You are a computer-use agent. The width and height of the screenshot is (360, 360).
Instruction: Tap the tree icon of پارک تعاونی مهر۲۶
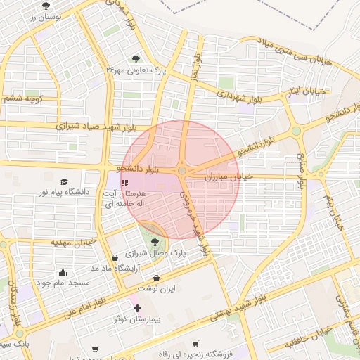coord(136,60)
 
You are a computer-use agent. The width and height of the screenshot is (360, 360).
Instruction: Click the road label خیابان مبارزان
coord(228,179)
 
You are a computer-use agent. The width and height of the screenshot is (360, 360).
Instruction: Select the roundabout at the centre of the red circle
coord(182,171)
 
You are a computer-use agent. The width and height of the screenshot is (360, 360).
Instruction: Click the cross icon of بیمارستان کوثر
coord(137,308)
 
